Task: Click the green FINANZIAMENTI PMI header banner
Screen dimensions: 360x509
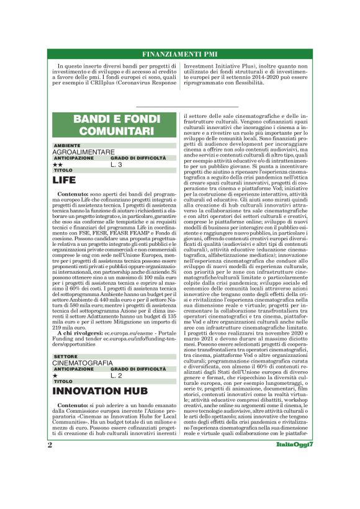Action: pyautogui.click(x=179, y=54)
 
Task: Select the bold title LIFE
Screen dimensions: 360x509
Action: pyautogui.click(x=64, y=181)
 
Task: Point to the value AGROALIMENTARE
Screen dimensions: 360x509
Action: pyautogui.click(x=83, y=151)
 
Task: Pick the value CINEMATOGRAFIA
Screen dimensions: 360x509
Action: pyautogui.click(x=83, y=363)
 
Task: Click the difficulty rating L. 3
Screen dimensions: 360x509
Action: pyautogui.click(x=117, y=164)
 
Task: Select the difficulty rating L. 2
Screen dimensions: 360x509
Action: pyautogui.click(x=117, y=376)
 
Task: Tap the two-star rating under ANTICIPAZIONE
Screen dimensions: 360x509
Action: pyautogui.click(x=58, y=164)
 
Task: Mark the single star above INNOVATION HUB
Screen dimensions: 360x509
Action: pyautogui.click(x=55, y=376)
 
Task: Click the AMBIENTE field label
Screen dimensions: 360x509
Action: pyautogui.click(x=66, y=145)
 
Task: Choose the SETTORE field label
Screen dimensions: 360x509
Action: pyautogui.click(x=65, y=356)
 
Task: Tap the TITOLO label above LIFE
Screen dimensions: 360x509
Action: pyautogui.click(x=63, y=170)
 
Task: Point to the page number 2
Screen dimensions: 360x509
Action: pyautogui.click(x=50, y=480)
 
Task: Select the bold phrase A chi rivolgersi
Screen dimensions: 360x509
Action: pyautogui.click(x=79, y=323)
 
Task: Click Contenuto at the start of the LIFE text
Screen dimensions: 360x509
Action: pyautogui.click(x=73, y=194)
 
